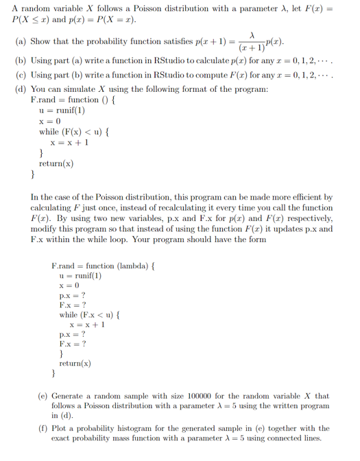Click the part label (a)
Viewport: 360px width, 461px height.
point(21,40)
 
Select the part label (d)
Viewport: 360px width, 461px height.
point(21,89)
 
